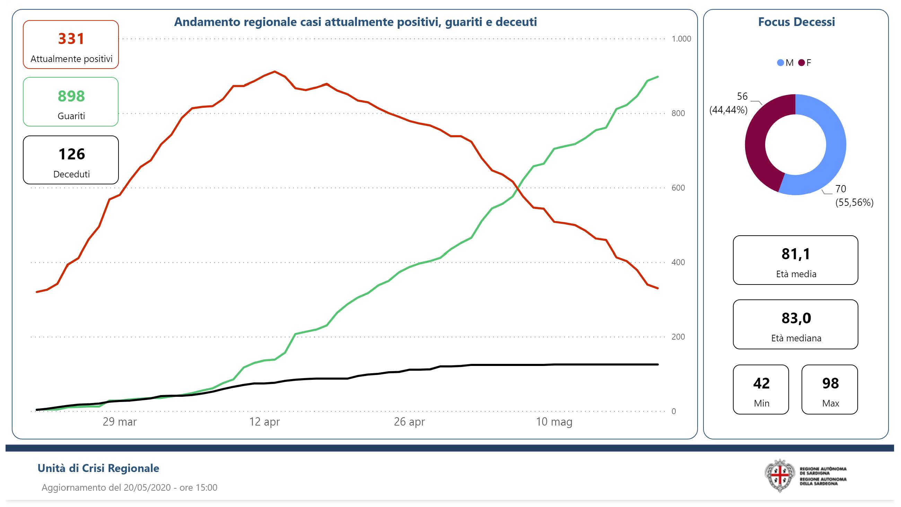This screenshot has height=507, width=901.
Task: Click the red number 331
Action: point(71,38)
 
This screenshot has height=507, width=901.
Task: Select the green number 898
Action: point(71,96)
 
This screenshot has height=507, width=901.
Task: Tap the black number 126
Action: point(71,154)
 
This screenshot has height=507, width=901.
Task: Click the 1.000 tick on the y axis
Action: point(681,39)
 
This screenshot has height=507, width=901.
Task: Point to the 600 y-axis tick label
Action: point(678,188)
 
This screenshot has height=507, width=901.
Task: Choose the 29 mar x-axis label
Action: point(120,422)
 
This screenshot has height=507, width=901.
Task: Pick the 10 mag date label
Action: point(554,422)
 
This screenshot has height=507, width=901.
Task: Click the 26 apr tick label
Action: point(409,422)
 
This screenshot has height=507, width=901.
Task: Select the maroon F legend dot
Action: point(801,63)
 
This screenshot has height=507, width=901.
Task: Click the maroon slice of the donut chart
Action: point(757,140)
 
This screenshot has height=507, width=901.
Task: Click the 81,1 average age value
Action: point(796,254)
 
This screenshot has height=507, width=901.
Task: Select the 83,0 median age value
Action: point(796,318)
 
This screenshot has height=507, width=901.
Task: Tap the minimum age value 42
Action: point(761,384)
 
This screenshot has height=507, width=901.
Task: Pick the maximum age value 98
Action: point(830,384)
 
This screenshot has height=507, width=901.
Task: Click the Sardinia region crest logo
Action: point(780,475)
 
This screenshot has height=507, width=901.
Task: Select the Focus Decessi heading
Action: point(796,22)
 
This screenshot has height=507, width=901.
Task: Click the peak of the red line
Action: point(274,71)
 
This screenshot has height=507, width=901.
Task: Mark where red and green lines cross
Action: point(518,188)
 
